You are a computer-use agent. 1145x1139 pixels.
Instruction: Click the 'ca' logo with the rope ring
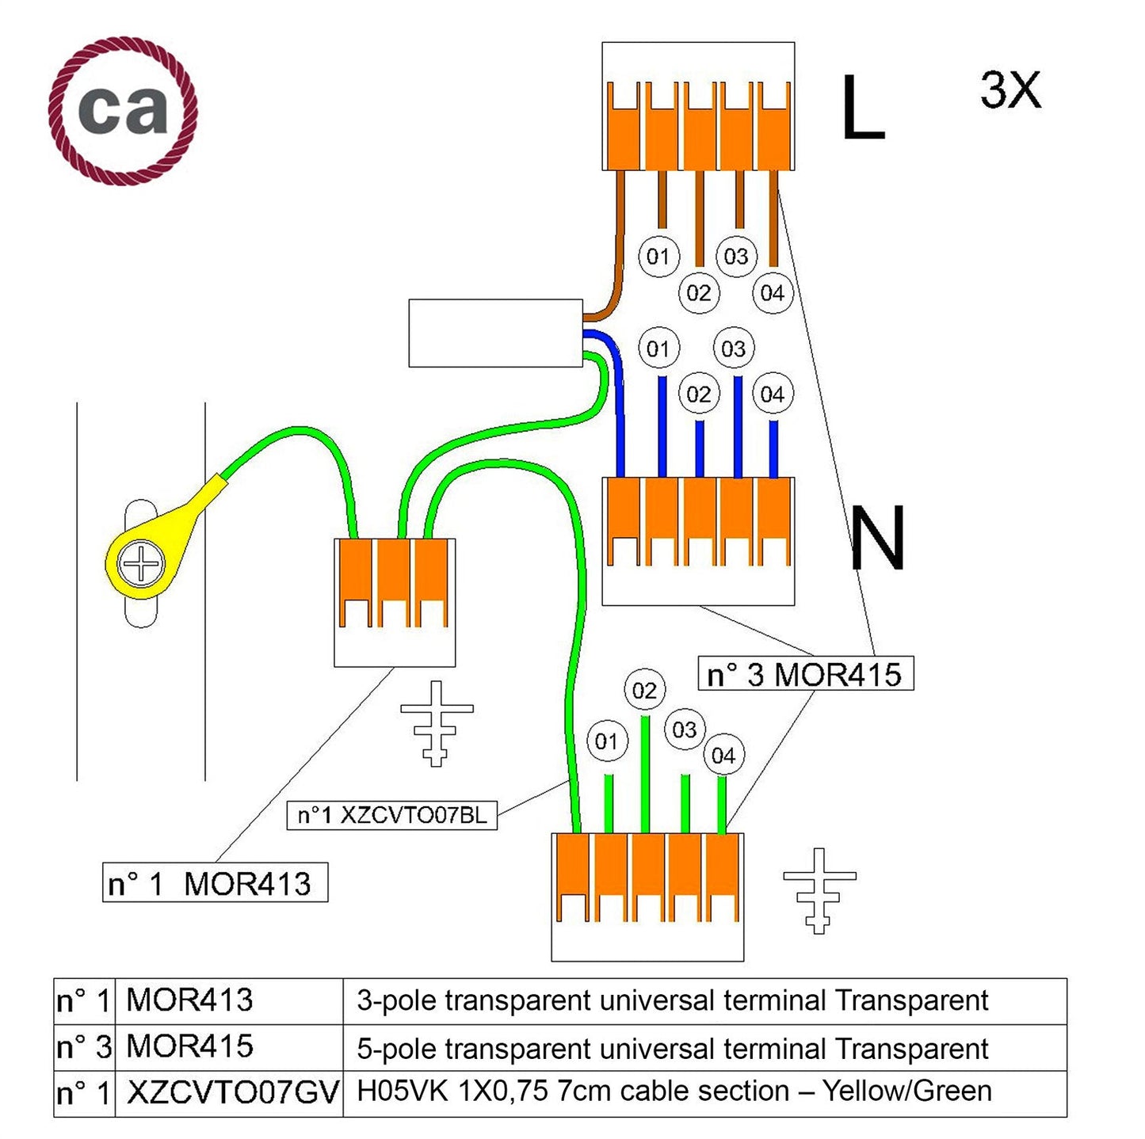123,110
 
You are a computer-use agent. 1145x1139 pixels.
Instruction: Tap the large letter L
862,109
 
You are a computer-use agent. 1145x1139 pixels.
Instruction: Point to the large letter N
877,539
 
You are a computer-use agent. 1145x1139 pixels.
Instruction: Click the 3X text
1010,90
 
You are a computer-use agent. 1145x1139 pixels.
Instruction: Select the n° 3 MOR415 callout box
805,675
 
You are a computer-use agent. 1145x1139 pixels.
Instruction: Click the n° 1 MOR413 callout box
215,883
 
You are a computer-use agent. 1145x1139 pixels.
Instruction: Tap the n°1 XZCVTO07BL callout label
392,814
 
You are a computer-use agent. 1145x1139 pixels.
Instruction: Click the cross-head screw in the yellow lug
140,565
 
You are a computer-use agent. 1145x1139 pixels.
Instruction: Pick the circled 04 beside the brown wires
772,293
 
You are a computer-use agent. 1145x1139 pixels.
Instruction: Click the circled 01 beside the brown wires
658,256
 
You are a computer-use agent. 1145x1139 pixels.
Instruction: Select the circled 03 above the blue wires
733,349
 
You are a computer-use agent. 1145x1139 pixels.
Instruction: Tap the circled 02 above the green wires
644,691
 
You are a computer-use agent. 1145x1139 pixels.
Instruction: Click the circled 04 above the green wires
723,756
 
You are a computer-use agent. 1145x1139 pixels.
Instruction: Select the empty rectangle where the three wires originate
495,333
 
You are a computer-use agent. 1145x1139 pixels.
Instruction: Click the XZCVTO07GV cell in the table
232,1092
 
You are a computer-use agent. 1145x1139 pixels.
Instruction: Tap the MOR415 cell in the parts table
190,1046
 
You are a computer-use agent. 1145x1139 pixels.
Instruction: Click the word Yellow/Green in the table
906,1091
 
